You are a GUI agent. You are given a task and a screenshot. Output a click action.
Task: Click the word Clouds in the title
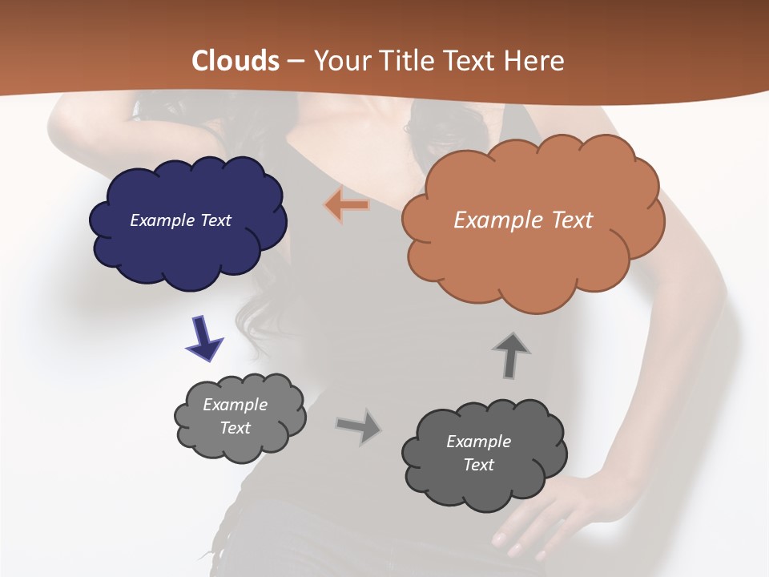236,61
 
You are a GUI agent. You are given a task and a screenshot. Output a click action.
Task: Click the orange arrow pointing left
347,205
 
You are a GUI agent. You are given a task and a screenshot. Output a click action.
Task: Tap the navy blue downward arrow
203,337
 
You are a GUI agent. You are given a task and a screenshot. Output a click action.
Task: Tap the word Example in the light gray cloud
235,405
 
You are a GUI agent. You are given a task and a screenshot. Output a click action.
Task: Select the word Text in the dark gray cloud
478,465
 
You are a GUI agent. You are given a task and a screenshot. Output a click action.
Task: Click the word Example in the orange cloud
497,220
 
